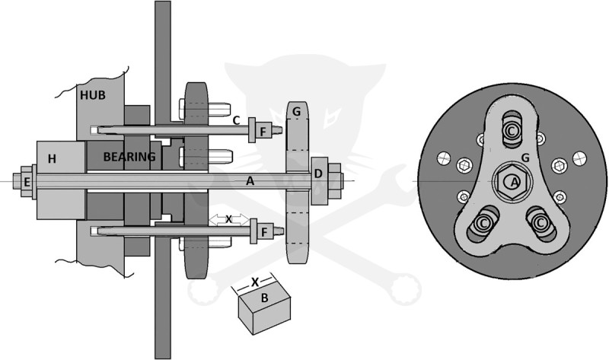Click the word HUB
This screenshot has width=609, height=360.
(x=92, y=95)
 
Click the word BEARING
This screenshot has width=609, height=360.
(x=129, y=157)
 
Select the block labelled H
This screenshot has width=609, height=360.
(x=61, y=180)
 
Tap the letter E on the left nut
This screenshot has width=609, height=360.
(x=27, y=182)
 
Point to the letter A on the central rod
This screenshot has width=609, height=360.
(x=250, y=180)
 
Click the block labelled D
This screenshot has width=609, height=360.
(x=319, y=180)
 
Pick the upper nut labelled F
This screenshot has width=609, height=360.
(x=263, y=131)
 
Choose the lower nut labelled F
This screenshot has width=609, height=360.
(x=264, y=232)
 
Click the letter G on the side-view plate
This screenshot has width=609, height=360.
(x=296, y=112)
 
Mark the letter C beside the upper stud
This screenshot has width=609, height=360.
(x=236, y=120)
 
